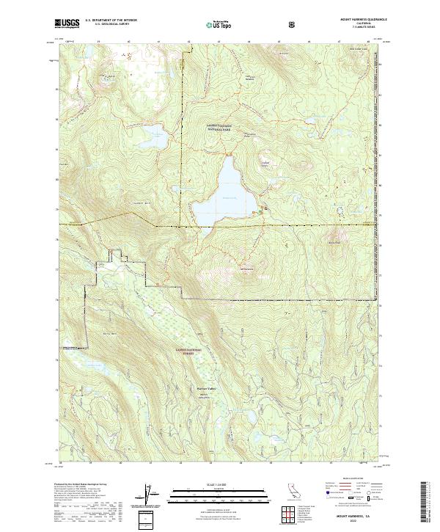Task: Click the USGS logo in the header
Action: [67, 23]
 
